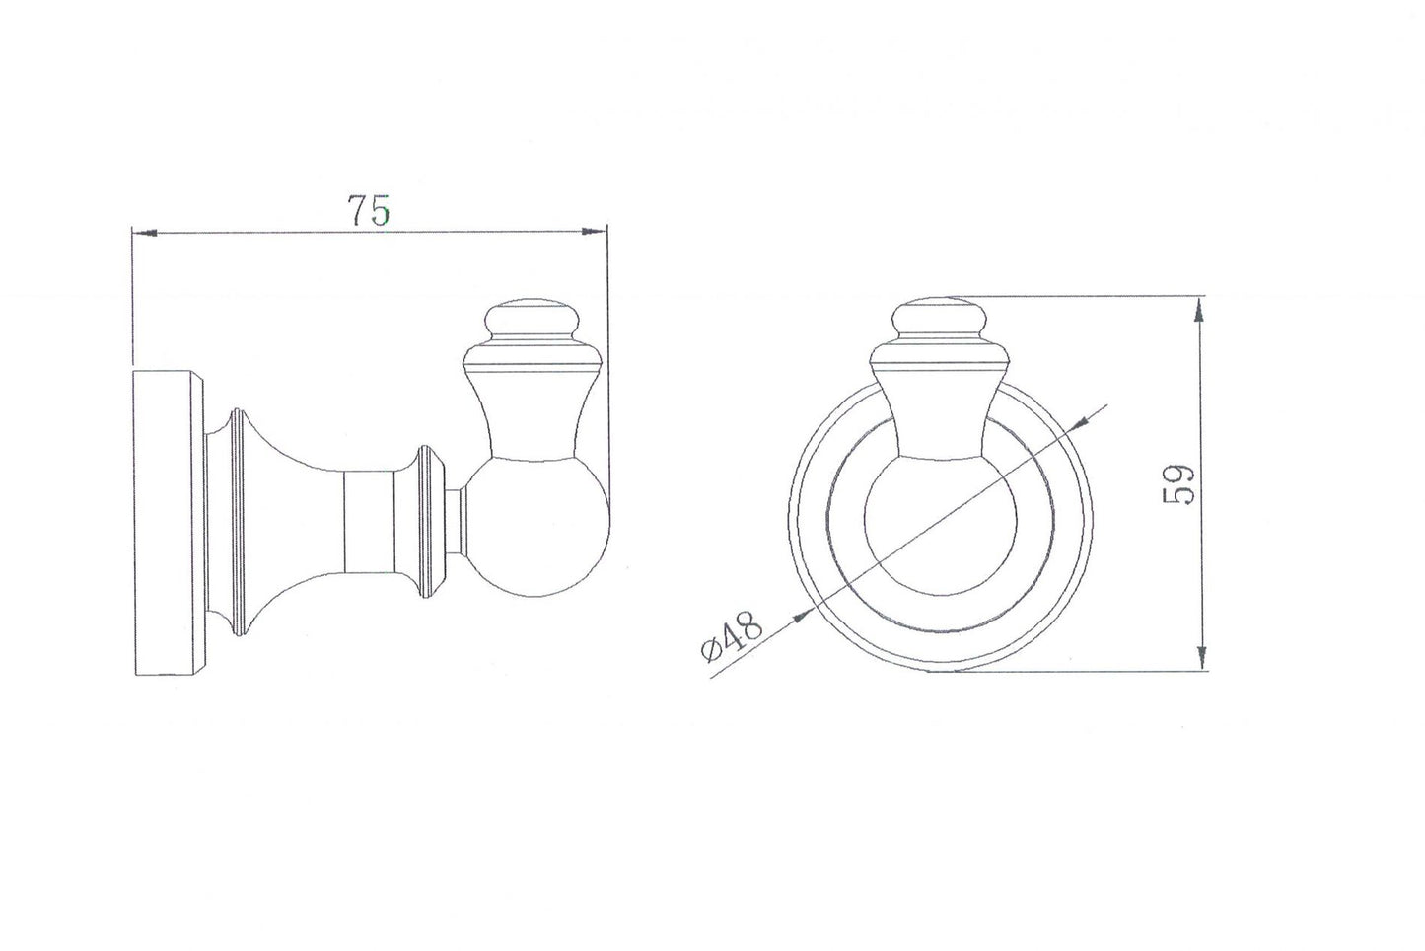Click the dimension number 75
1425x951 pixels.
(x=369, y=210)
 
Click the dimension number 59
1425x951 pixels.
(x=1179, y=483)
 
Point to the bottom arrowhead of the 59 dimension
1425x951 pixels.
(x=1200, y=656)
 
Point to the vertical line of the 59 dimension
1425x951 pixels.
(x=1200, y=395)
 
